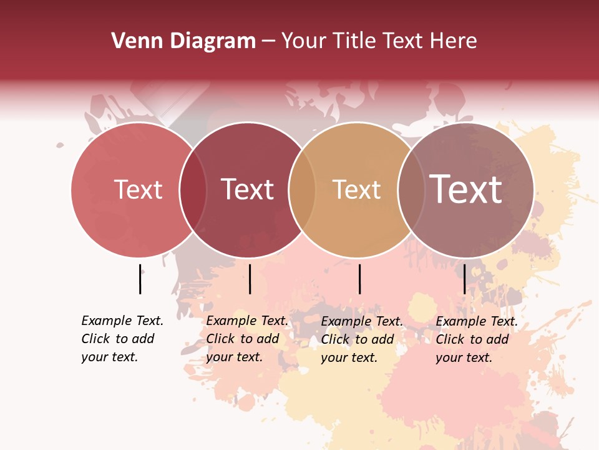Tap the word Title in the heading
(x=356, y=41)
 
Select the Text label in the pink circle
(x=138, y=189)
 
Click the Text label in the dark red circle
(x=248, y=189)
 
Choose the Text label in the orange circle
(x=356, y=189)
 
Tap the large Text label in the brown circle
(x=466, y=189)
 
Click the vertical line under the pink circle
(x=140, y=279)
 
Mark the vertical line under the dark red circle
(x=250, y=279)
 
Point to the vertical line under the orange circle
(x=360, y=279)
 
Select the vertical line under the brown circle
(x=464, y=279)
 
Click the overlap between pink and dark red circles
(x=193, y=189)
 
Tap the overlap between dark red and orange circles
(x=301, y=189)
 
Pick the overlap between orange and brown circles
(x=411, y=189)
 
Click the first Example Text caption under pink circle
(x=122, y=339)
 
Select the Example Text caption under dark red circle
(x=247, y=339)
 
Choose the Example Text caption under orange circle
(x=362, y=339)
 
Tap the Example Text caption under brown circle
(x=477, y=339)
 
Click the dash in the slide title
(x=268, y=42)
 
